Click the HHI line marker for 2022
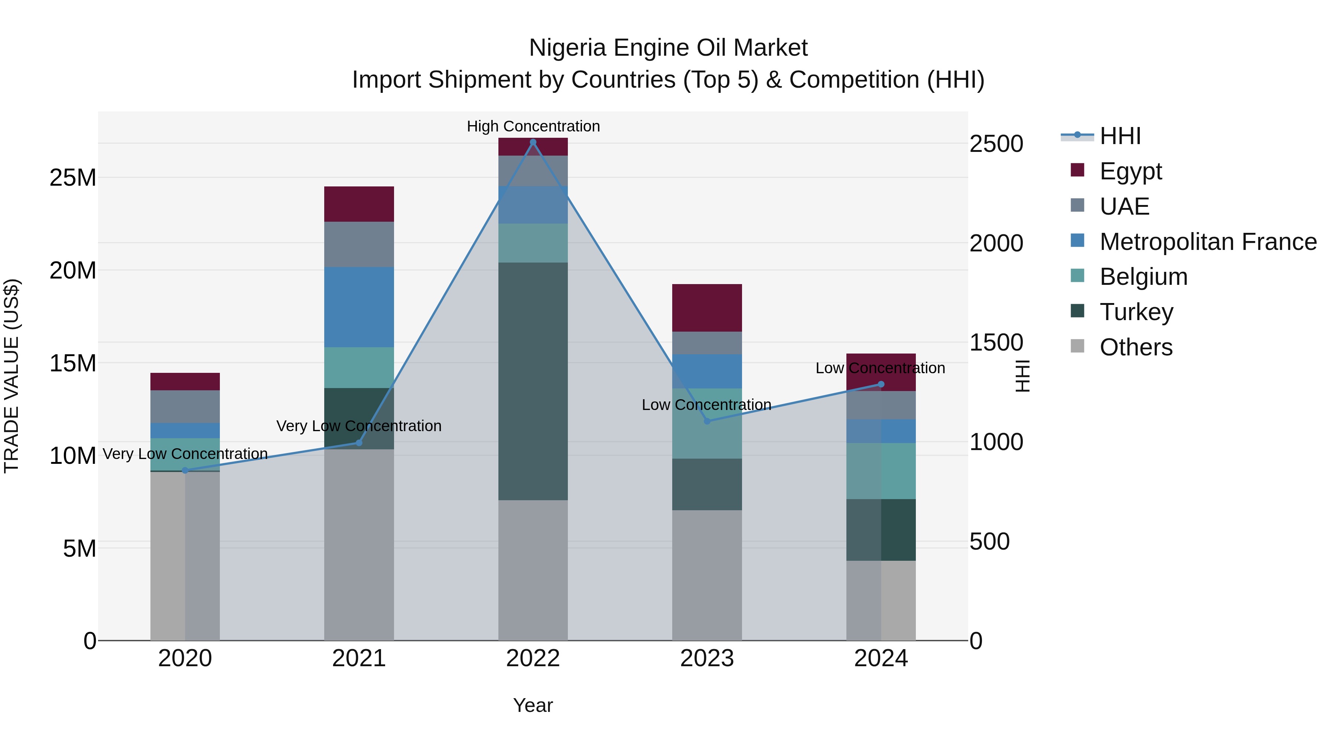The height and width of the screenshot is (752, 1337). click(x=533, y=142)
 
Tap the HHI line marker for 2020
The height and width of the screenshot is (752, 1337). click(x=185, y=470)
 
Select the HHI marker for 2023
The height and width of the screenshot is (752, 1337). click(x=707, y=421)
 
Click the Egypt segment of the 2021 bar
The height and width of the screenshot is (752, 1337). click(x=359, y=204)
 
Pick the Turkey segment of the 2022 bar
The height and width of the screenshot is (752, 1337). click(x=533, y=381)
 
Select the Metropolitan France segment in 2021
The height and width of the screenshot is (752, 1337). click(x=359, y=307)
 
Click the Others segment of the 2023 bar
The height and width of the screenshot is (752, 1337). click(x=707, y=574)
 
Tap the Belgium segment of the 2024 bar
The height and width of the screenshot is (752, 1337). click(x=881, y=471)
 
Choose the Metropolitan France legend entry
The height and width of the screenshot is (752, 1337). click(x=1194, y=242)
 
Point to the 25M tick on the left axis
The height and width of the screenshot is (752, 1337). click(x=73, y=178)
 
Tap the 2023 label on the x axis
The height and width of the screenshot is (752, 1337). click(x=707, y=658)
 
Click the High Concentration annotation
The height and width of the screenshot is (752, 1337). click(x=533, y=126)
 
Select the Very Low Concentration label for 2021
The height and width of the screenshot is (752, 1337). click(x=359, y=426)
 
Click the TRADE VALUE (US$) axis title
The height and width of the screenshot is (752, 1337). click(x=12, y=376)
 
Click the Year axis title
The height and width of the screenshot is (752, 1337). click(x=533, y=705)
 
